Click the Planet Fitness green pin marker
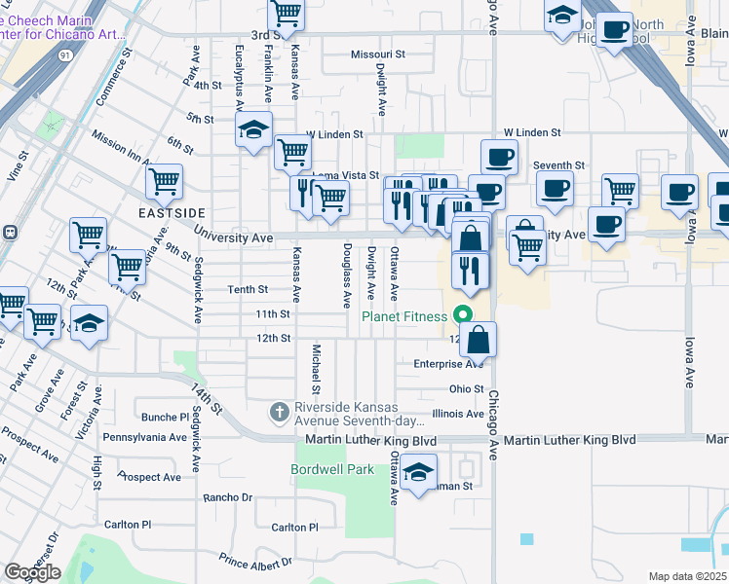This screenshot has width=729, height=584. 464,315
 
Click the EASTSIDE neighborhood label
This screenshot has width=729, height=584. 173,212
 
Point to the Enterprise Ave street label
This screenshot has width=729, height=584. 447,364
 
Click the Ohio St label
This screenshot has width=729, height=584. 466,388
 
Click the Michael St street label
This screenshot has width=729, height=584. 316,370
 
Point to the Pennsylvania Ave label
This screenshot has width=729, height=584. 144,438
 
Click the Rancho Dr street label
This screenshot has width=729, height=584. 227,497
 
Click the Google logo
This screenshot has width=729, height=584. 32,572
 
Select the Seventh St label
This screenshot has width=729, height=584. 558,165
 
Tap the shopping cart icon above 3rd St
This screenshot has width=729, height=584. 286,14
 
